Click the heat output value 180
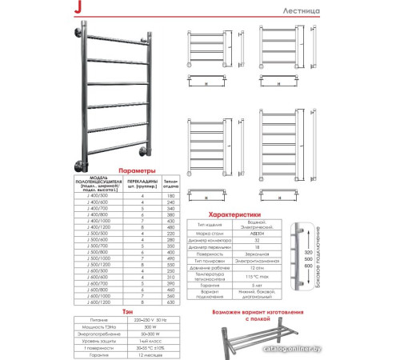[168, 195]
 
